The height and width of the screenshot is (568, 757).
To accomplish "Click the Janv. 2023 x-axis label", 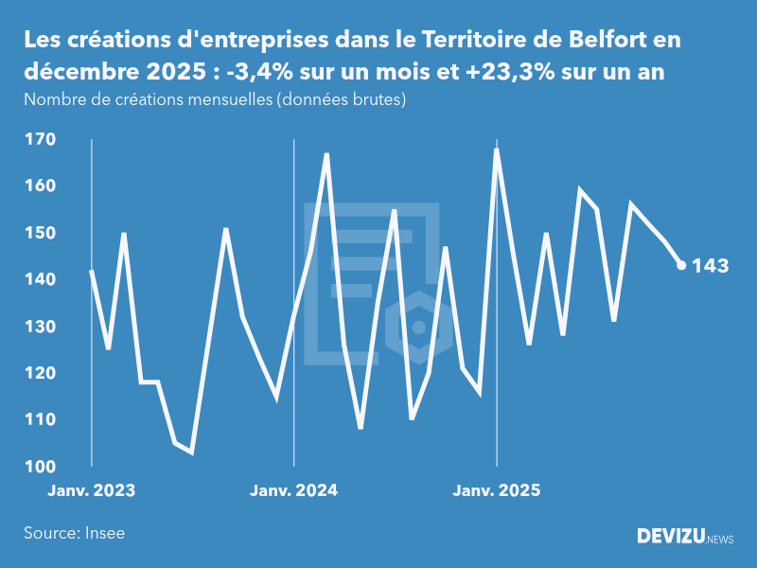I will click(92, 490).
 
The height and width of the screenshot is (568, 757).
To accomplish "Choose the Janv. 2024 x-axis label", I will click(294, 490).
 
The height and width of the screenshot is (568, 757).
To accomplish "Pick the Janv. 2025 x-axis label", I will click(498, 490).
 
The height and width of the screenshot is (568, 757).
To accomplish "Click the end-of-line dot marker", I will click(681, 265).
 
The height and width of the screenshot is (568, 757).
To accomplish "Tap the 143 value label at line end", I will click(710, 266).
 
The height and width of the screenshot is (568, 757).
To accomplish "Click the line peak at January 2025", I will click(497, 150).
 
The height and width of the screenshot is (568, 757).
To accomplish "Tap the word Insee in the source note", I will click(103, 533).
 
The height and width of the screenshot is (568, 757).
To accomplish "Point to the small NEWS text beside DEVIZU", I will click(720, 540).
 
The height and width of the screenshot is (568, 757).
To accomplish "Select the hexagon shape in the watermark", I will click(418, 328).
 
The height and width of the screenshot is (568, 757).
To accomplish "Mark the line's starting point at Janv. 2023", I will click(92, 271).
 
